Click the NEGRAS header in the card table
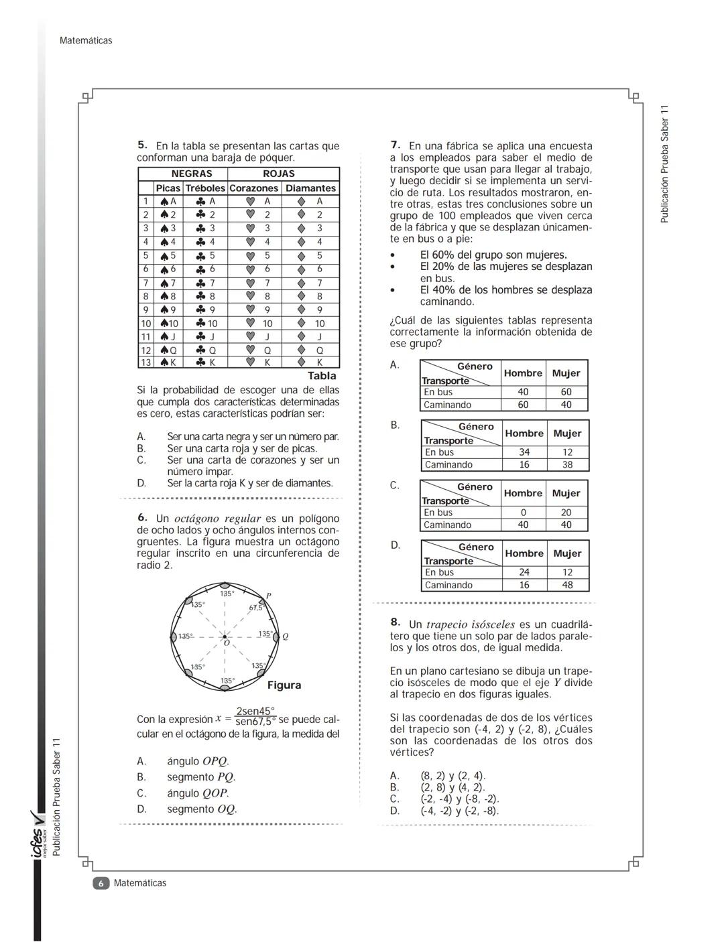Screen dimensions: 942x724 click(191, 174)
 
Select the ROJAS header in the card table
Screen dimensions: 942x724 click(278, 174)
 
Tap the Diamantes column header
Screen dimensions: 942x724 click(310, 188)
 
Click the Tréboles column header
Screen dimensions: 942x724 click(205, 188)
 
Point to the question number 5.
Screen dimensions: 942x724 click(142, 145)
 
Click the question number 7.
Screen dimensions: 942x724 click(396, 145)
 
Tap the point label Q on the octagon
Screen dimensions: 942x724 click(285, 636)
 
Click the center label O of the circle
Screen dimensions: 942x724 click(227, 643)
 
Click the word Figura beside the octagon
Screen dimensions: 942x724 click(284, 685)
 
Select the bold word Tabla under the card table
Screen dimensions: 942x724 click(322, 376)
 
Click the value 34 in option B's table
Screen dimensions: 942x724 click(524, 452)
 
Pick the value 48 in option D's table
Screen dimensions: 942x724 click(567, 585)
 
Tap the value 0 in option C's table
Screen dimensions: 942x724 click(523, 513)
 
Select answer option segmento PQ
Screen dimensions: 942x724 click(201, 777)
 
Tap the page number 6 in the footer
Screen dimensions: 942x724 click(100, 883)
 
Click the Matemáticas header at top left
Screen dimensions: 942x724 click(86, 40)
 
